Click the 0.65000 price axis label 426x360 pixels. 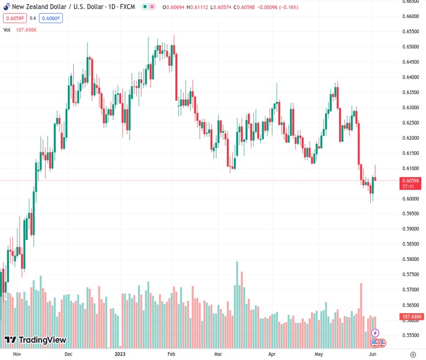[411, 47]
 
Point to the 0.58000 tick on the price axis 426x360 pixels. [411, 259]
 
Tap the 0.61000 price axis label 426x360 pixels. [411, 168]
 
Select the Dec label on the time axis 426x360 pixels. [68, 354]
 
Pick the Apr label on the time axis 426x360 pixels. [272, 354]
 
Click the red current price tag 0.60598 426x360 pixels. [411, 180]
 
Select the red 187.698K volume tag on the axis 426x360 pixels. [412, 317]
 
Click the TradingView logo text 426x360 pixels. [42, 340]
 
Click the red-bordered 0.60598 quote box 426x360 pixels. [13, 18]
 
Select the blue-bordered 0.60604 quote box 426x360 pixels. [51, 18]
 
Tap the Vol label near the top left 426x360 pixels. [7, 29]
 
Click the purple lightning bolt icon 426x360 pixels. [376, 332]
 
